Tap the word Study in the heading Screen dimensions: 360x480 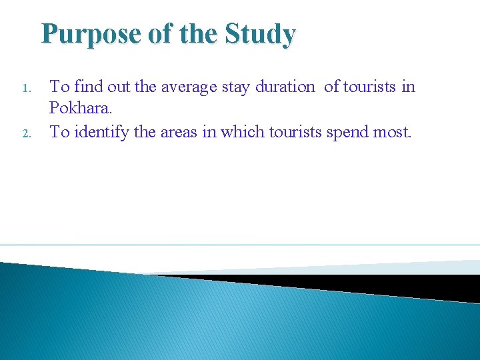click(x=261, y=34)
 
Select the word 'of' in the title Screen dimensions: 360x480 click(x=160, y=34)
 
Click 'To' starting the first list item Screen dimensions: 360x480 click(x=59, y=87)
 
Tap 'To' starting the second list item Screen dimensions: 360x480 click(x=59, y=132)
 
